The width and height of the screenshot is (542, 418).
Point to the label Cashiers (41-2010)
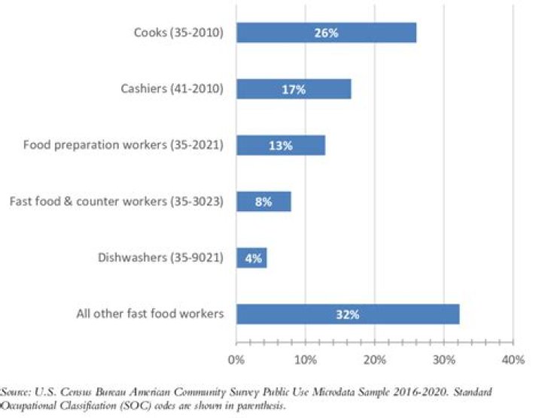(x=172, y=89)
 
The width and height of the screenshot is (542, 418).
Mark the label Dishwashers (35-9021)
(x=160, y=258)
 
